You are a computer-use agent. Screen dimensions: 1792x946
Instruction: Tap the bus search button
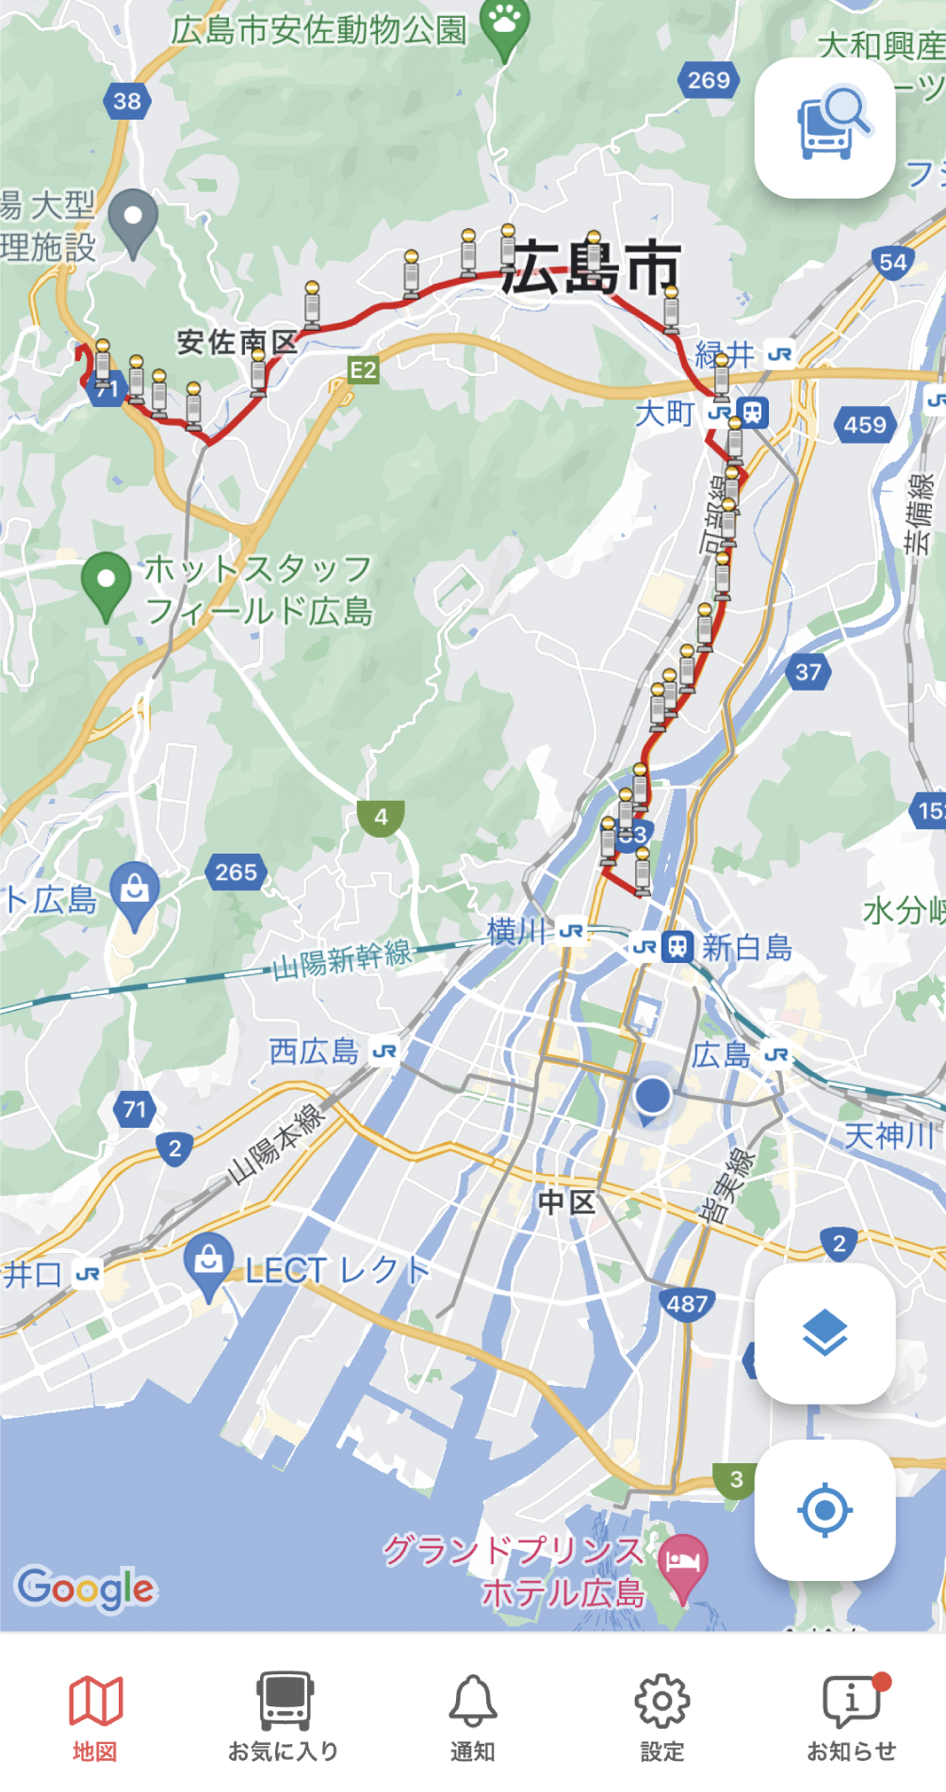click(824, 128)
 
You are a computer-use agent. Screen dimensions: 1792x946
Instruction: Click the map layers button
click(824, 1333)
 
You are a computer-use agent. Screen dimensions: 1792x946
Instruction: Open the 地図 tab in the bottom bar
click(95, 1717)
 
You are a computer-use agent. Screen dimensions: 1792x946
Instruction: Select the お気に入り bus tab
click(284, 1717)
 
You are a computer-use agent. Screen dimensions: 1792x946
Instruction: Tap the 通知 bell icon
click(473, 1717)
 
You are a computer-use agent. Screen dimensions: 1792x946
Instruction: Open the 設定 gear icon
click(661, 1717)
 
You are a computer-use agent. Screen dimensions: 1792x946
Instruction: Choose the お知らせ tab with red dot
click(852, 1717)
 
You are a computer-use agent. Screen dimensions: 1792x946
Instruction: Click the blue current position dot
click(652, 1096)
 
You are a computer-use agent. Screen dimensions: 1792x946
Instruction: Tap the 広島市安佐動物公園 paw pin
click(505, 23)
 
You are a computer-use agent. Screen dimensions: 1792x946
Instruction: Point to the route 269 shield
click(709, 80)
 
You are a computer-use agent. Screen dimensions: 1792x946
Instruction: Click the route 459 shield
click(865, 425)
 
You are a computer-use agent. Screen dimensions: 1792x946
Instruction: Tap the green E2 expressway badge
click(363, 370)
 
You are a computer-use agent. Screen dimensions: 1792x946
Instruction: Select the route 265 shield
click(236, 872)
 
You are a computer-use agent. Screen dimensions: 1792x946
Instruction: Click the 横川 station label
click(517, 932)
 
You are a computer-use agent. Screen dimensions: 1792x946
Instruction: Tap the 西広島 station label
click(314, 1051)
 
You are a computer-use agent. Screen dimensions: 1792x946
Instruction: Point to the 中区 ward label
click(565, 1202)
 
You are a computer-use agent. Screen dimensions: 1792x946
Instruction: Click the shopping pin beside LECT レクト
click(208, 1261)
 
